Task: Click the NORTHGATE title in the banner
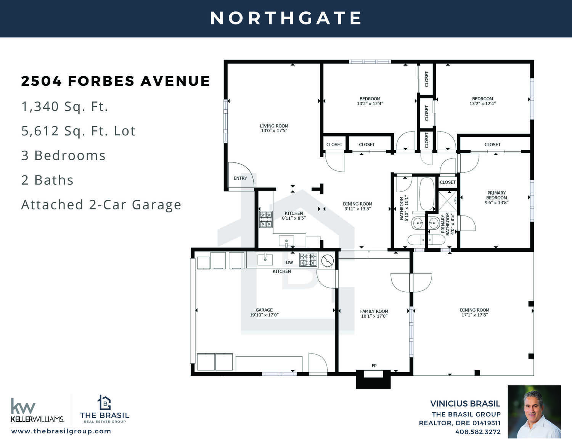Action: tap(286, 18)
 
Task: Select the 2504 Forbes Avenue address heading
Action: tap(116, 81)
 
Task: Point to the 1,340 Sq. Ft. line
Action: tap(65, 107)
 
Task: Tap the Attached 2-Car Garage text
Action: tap(101, 205)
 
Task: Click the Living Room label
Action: tap(274, 126)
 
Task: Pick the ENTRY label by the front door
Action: tap(240, 178)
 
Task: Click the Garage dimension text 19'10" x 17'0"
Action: tap(264, 315)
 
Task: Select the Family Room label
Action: tap(374, 311)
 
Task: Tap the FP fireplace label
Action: tap(374, 366)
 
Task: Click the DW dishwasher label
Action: tap(289, 262)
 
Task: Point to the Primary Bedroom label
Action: tap(496, 195)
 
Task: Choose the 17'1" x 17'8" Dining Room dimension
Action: tap(475, 315)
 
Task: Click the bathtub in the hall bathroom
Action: tap(427, 194)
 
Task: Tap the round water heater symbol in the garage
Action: tap(328, 260)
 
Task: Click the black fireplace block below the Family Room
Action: tap(373, 379)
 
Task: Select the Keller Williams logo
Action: tap(37, 410)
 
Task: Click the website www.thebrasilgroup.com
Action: tap(61, 431)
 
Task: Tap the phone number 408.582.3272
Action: tap(478, 432)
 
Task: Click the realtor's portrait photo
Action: tap(534, 412)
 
